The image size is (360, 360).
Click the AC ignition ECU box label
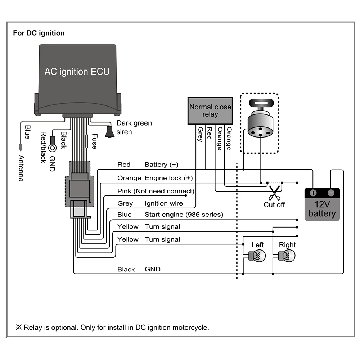(x=77, y=71)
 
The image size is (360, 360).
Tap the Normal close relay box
(x=210, y=111)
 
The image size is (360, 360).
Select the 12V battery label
(x=322, y=209)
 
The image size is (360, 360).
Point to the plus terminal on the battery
(x=313, y=193)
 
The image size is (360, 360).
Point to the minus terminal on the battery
(x=331, y=193)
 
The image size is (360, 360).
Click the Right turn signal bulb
(x=287, y=256)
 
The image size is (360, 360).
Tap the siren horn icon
(x=109, y=132)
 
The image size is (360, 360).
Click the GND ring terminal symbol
(x=52, y=148)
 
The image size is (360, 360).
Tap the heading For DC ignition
(x=39, y=33)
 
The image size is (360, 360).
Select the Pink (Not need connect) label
(x=156, y=191)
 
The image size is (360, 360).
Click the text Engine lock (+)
(x=168, y=178)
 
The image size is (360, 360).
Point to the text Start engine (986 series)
(x=184, y=215)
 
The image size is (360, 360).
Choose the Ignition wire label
(x=163, y=203)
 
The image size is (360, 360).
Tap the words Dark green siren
(x=134, y=127)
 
